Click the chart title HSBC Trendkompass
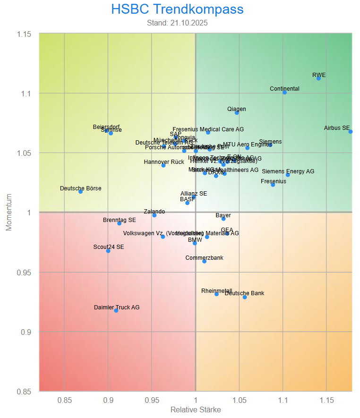click(x=178, y=9)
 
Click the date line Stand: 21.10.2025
click(x=178, y=23)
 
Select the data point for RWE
click(x=318, y=78)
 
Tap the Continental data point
click(x=284, y=92)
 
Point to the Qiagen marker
click(x=237, y=112)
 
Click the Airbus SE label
click(x=337, y=128)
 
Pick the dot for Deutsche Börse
click(x=80, y=191)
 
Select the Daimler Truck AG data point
click(x=116, y=310)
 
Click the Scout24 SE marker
click(x=108, y=251)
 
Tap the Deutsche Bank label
click(x=245, y=293)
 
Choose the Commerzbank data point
click(x=204, y=261)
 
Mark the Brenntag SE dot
click(x=120, y=223)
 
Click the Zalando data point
click(x=154, y=215)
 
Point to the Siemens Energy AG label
click(x=288, y=171)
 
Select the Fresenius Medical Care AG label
click(x=208, y=129)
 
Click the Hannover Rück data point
click(x=163, y=165)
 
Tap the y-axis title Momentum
click(x=9, y=213)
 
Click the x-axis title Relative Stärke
click(x=196, y=410)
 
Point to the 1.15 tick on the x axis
click(x=326, y=401)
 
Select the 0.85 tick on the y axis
click(x=25, y=392)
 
